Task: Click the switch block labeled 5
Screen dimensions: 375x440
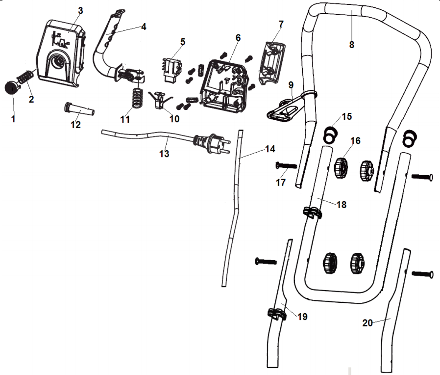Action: tap(171, 68)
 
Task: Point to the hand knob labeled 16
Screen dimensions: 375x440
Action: tap(341, 167)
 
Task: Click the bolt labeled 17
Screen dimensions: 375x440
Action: tap(287, 166)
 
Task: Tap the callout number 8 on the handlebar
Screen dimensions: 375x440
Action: tap(351, 44)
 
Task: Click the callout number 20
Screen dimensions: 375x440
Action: tap(368, 322)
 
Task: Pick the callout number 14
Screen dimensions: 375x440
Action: tap(270, 149)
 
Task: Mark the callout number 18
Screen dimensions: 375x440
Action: tap(342, 204)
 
